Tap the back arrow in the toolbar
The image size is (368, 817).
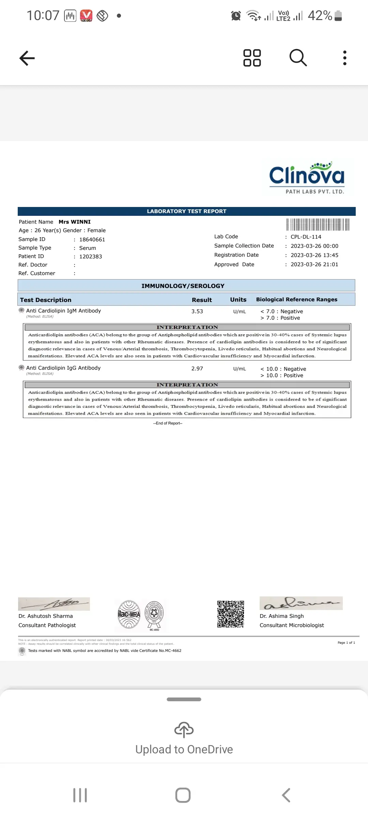27,58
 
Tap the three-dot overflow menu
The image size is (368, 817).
345,58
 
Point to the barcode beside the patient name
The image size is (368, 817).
318,225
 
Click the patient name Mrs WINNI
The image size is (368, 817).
75,222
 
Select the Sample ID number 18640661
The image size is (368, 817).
92,240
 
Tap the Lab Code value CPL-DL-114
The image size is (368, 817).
306,237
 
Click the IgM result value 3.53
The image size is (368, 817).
197,311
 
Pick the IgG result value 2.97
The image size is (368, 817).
197,369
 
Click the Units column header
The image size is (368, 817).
238,300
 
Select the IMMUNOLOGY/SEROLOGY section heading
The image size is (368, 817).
183,286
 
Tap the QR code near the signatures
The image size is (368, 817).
231,614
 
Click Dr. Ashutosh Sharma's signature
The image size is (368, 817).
54,604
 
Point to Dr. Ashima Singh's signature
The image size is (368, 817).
301,603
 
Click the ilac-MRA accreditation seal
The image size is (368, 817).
129,614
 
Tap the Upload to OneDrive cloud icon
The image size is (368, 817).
184,730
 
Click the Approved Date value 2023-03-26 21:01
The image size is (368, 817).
314,265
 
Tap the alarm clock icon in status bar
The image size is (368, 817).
236,16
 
